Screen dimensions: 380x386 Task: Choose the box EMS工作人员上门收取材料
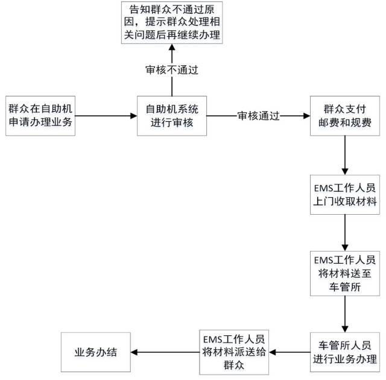pos(344,195)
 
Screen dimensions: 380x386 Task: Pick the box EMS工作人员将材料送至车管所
pos(344,274)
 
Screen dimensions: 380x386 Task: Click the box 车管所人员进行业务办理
pos(344,352)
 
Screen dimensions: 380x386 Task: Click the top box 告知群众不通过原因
pos(171,23)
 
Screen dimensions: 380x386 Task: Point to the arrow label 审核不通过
pos(172,69)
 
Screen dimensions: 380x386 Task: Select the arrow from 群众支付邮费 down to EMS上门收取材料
pos(344,154)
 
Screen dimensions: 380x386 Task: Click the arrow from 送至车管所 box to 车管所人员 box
pos(344,312)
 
